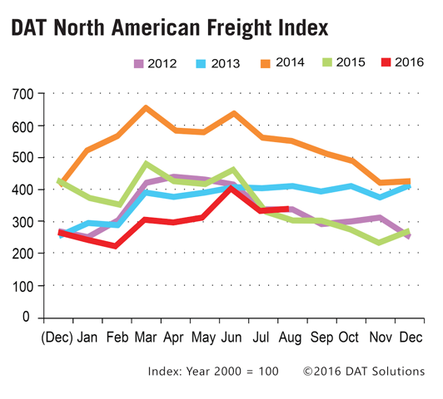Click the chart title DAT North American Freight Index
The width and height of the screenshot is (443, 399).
tap(170, 28)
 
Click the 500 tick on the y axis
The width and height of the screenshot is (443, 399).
tap(23, 158)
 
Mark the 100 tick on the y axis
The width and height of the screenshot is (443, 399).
tap(23, 286)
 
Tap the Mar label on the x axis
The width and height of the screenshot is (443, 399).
tap(146, 337)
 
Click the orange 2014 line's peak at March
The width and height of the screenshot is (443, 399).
tap(146, 108)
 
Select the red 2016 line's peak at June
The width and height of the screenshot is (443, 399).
tap(231, 188)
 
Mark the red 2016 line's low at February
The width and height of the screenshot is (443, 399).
tap(116, 245)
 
